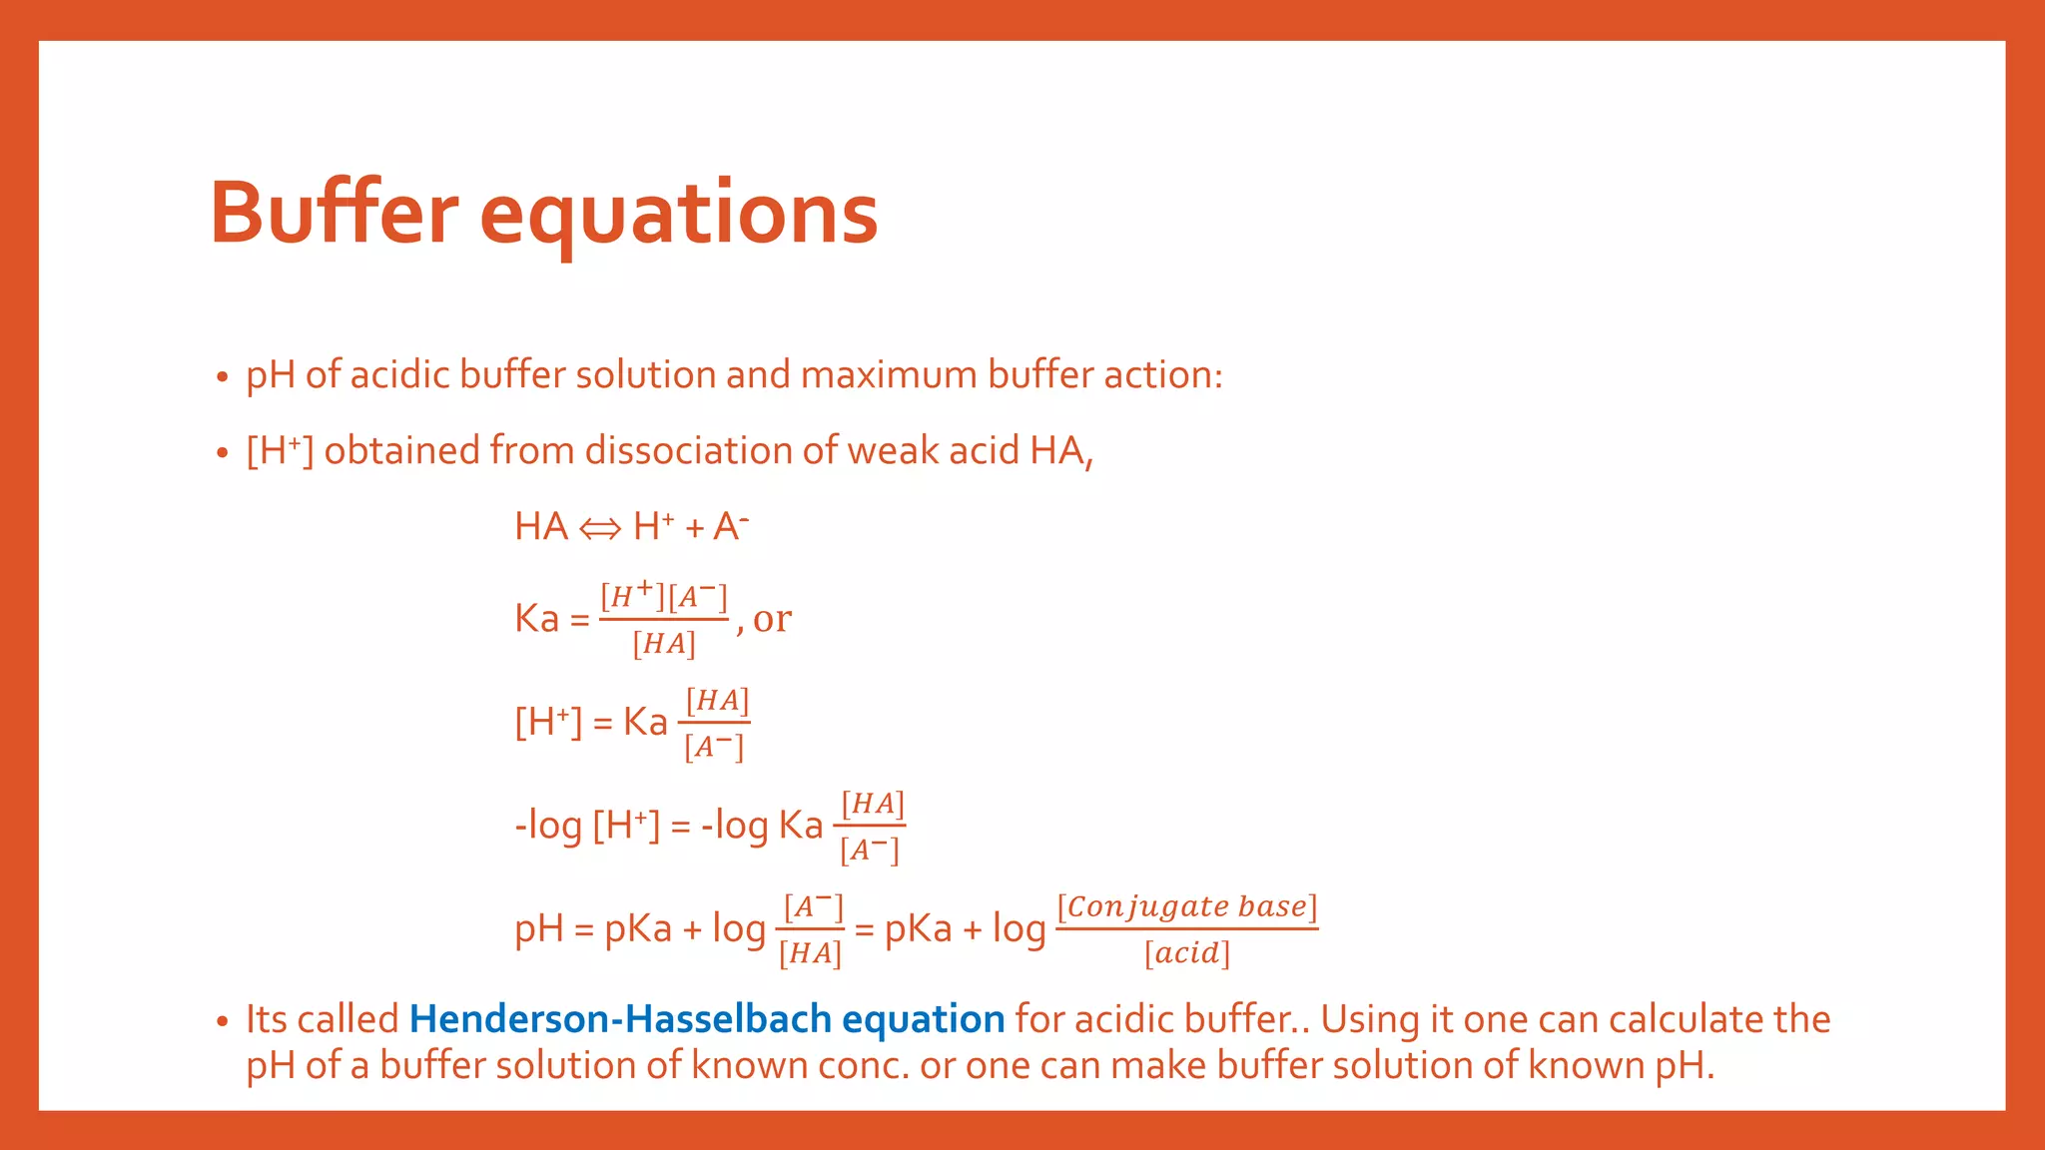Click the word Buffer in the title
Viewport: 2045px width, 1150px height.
point(334,213)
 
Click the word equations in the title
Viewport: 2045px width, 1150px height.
point(678,215)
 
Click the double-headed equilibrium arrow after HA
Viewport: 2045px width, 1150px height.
point(600,529)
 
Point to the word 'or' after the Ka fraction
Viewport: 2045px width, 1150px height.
point(772,619)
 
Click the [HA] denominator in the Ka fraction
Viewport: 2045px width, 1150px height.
point(664,644)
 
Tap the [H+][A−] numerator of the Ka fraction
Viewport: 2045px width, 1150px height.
point(664,596)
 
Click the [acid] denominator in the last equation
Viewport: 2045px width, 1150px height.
point(1187,953)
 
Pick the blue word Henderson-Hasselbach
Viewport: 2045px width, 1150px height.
point(620,1019)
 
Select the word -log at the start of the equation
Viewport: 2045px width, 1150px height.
point(548,827)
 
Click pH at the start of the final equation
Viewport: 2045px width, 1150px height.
point(539,930)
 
